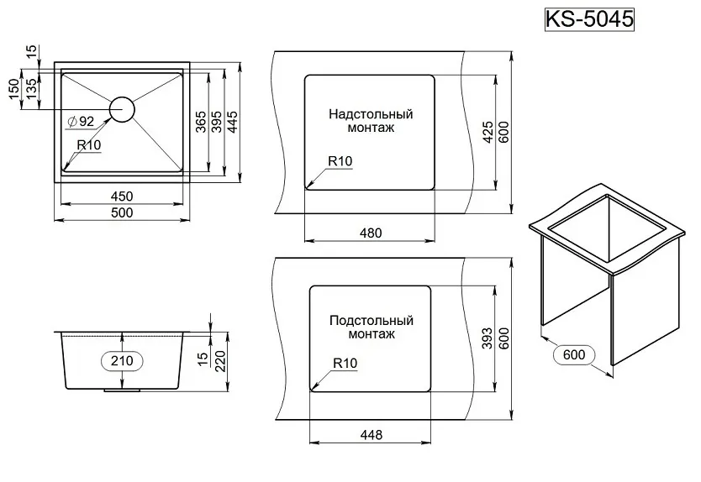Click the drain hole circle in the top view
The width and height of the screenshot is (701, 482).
coord(122,109)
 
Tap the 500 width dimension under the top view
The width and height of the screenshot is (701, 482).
coord(122,213)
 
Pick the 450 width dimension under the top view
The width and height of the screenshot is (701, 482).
coord(122,196)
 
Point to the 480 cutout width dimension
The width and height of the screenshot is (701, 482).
coord(371,233)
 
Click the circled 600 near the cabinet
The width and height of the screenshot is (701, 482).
coord(574,354)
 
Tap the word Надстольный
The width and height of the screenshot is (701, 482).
coord(371,113)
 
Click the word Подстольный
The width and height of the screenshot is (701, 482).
coord(371,320)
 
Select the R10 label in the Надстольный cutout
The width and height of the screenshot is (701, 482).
coord(340,161)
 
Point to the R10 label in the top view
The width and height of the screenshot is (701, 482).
coord(89,145)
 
